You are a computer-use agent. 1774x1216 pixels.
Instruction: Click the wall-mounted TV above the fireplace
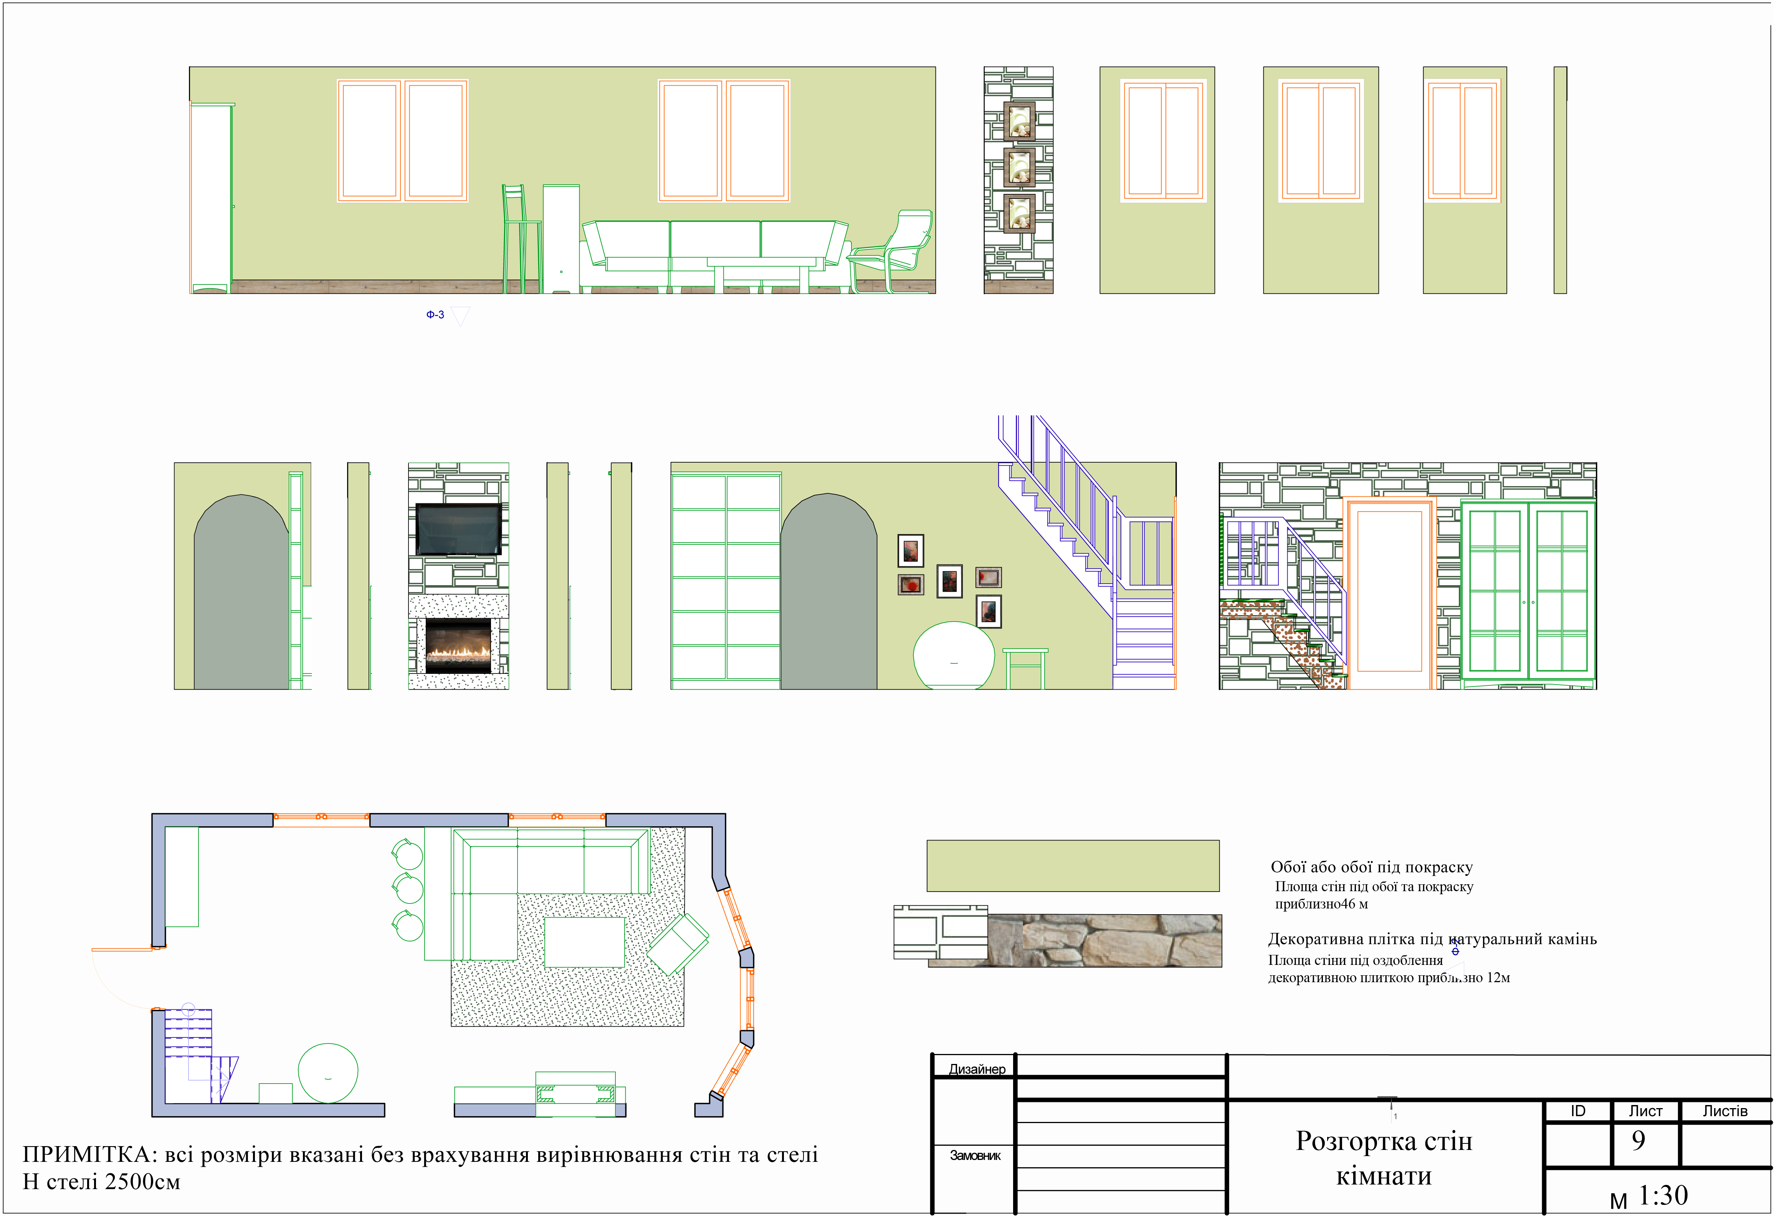click(458, 529)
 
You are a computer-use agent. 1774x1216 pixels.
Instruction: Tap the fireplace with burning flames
click(458, 645)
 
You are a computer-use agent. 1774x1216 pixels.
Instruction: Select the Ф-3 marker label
click(435, 314)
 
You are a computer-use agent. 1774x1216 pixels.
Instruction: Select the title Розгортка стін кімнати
click(1384, 1158)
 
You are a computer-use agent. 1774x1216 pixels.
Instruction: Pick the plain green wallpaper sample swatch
click(1073, 865)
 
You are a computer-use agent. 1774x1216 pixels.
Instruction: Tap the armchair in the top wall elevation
click(890, 251)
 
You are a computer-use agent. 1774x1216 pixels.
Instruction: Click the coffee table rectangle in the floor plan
click(584, 942)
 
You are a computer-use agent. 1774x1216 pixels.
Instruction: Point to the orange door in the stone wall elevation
click(1389, 593)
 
